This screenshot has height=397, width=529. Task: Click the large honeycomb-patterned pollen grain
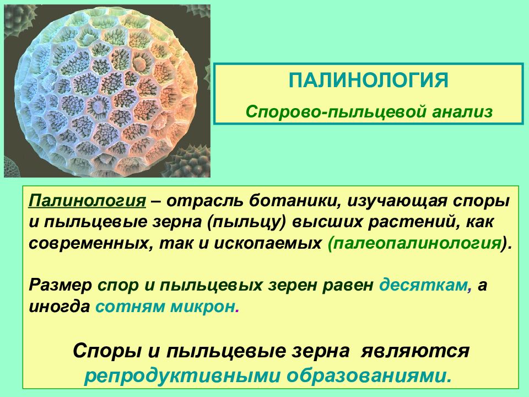click(107, 91)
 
